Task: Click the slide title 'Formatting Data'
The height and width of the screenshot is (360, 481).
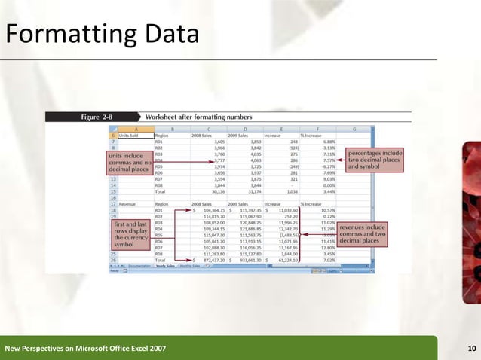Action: [x=102, y=35]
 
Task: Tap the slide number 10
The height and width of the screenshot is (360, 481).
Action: [x=472, y=347]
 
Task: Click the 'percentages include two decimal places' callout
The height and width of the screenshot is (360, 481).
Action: [x=374, y=160]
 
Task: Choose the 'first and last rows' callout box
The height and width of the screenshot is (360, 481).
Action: [x=130, y=235]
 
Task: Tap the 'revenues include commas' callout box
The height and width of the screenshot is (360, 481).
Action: [x=363, y=233]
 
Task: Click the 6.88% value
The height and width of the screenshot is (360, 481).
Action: [x=327, y=141]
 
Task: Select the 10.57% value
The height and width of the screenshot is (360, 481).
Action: [x=326, y=210]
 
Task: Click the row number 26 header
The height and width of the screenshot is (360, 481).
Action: [x=112, y=259]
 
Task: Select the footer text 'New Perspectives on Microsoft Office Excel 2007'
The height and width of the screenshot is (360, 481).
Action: [x=85, y=348]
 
